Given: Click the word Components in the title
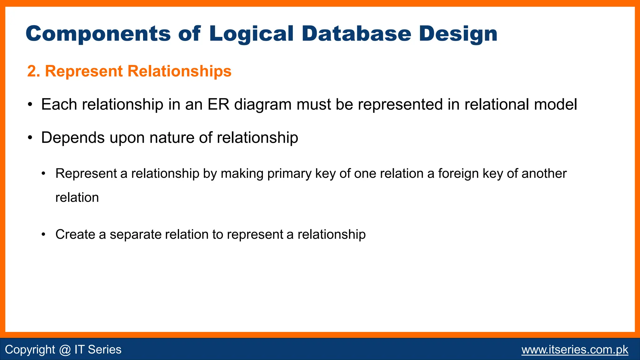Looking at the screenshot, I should [x=98, y=34].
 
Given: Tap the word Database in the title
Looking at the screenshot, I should [x=356, y=34].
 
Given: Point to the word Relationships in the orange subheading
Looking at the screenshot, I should [x=179, y=71].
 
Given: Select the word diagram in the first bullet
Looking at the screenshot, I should [x=263, y=105].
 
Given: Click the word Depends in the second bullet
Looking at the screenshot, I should [x=72, y=138].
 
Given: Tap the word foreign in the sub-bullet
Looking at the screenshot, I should [x=458, y=174].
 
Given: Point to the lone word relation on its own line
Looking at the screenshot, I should [x=77, y=197].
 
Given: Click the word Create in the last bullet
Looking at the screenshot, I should [x=75, y=234].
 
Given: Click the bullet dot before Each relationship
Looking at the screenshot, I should [x=30, y=104].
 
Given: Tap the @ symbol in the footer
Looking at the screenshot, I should [x=65, y=349].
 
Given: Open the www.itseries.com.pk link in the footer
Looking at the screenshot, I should [x=575, y=349].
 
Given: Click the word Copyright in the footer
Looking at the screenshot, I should [x=30, y=349].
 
